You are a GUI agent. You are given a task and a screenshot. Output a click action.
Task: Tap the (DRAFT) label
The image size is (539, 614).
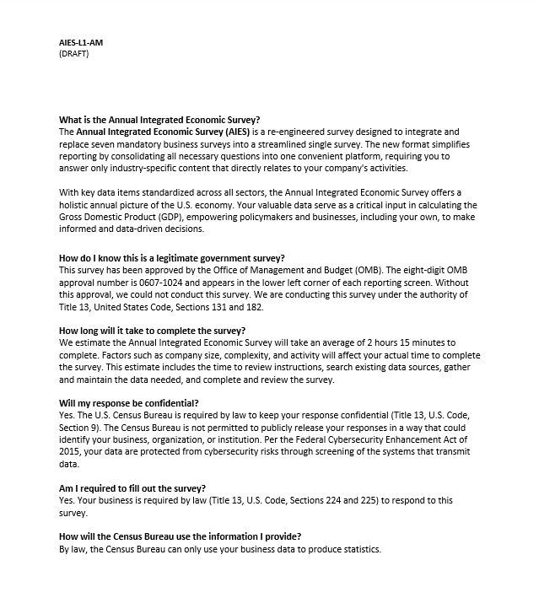(73, 53)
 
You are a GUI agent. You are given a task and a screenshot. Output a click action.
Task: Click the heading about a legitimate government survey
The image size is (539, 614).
(172, 258)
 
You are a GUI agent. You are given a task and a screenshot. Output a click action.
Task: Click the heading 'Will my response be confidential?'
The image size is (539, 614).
(129, 403)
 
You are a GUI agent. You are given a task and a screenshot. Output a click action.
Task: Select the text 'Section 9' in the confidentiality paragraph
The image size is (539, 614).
(78, 428)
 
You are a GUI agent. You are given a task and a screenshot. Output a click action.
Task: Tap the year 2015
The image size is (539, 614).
(69, 452)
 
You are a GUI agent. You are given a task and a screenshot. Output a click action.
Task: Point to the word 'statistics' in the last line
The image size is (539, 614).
(361, 549)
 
